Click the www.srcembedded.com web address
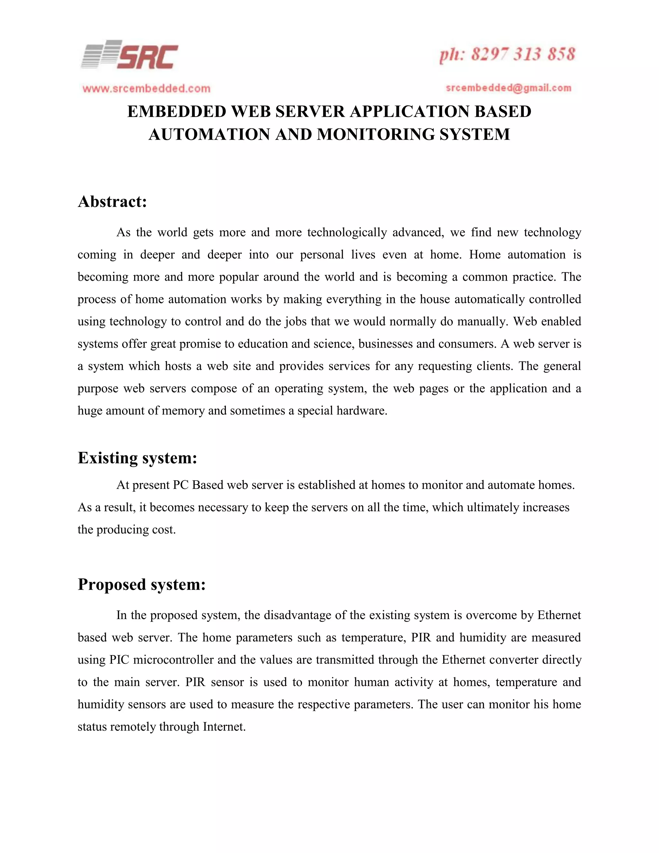click(x=146, y=89)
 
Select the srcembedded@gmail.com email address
click(x=508, y=88)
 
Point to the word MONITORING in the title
click(x=376, y=134)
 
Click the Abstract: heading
click(x=112, y=202)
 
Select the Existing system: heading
click(x=137, y=458)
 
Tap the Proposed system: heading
click(x=141, y=584)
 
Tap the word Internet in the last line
click(x=224, y=726)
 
